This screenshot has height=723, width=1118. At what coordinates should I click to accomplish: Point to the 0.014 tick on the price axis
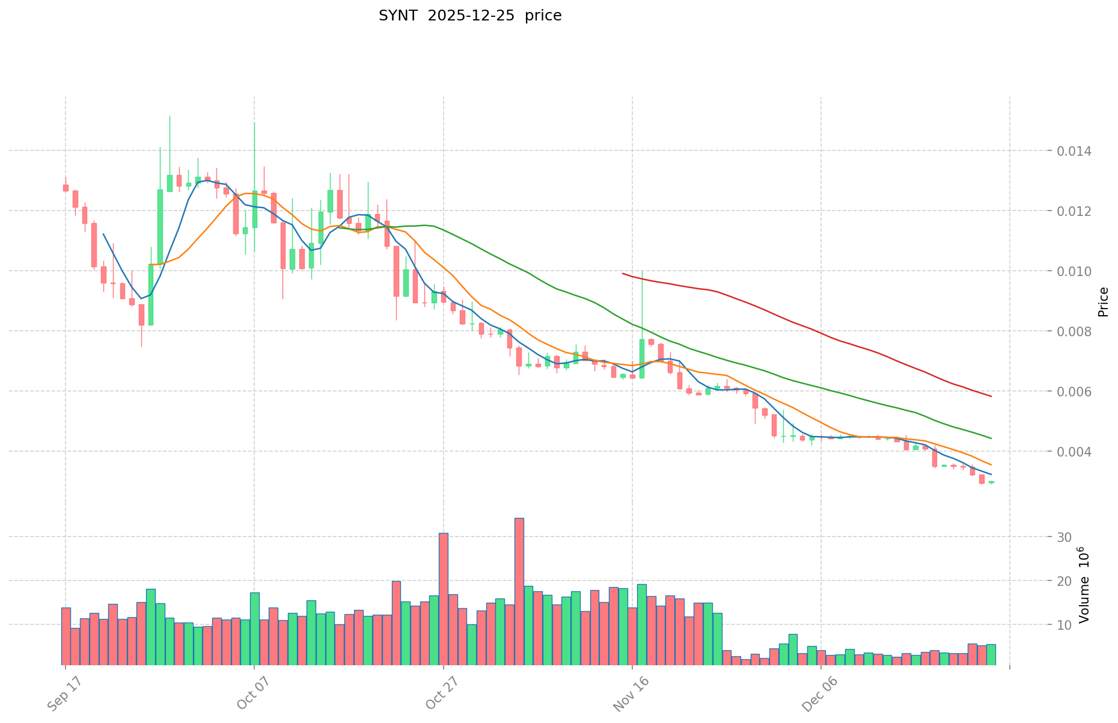1075,151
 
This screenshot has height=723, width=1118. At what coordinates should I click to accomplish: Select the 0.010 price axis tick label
1075,271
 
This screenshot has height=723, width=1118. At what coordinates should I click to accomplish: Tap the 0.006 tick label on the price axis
1075,392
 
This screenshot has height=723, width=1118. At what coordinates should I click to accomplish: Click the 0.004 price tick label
1075,452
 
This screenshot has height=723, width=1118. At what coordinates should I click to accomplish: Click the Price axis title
1102,301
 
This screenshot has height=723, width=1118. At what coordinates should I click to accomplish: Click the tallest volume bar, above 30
519,591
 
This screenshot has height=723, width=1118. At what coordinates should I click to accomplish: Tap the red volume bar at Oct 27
444,598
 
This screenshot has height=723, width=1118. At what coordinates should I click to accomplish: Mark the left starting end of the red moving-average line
623,273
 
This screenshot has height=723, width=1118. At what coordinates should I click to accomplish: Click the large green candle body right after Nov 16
642,358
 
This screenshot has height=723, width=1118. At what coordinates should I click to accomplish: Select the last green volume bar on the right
991,654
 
